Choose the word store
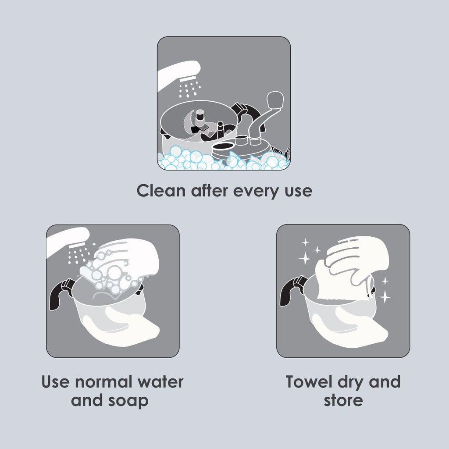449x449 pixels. click(343, 400)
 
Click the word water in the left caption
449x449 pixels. click(160, 382)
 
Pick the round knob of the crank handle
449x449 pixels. click(275, 100)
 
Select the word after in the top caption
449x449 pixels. click(210, 191)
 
